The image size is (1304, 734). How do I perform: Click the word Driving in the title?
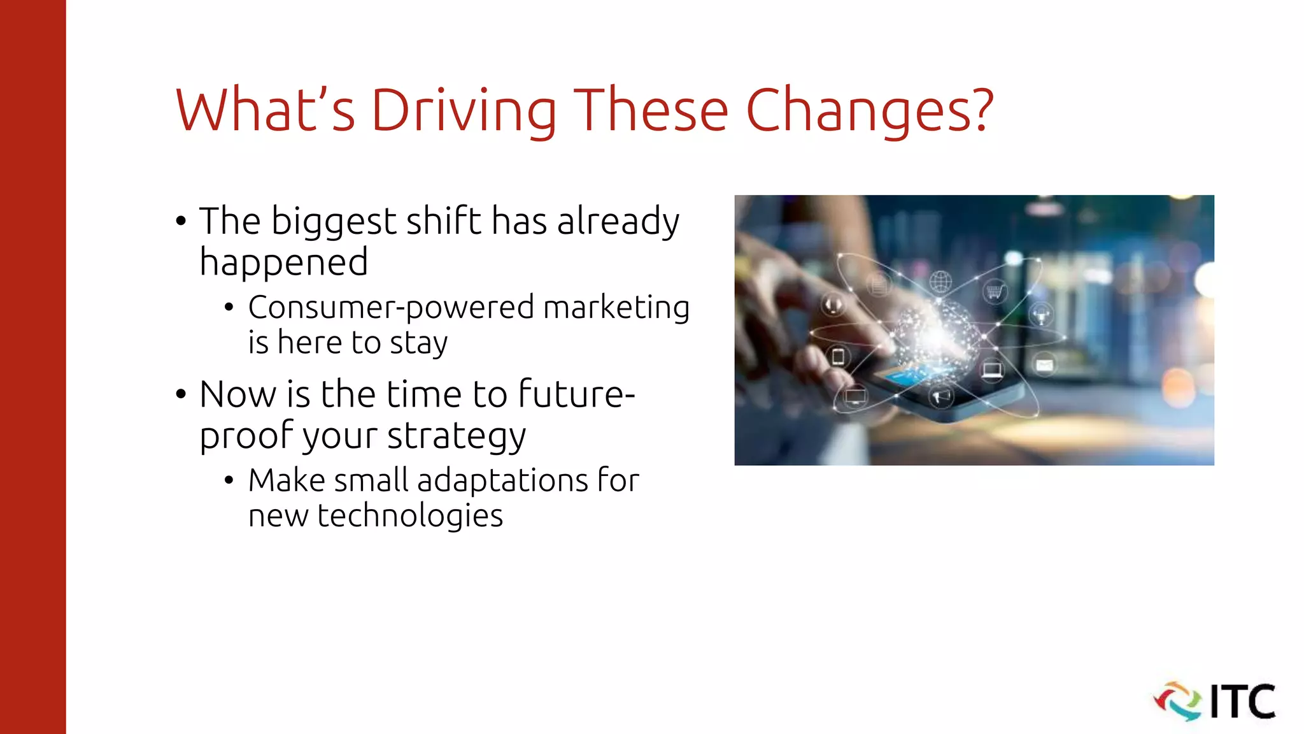point(464,111)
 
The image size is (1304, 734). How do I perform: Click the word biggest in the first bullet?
point(334,222)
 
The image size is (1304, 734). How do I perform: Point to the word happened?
point(283,262)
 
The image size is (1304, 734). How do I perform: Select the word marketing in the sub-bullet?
point(616,308)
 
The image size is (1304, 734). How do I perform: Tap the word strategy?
point(457,436)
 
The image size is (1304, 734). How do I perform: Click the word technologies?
point(410,515)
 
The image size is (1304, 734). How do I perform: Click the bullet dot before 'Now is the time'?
point(181,394)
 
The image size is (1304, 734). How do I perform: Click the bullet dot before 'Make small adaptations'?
point(229,480)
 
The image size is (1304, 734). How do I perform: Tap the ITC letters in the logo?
point(1242,702)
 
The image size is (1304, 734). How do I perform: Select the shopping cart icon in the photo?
point(994,292)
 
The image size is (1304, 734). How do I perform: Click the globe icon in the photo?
point(940,280)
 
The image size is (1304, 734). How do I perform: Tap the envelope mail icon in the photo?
point(1044,365)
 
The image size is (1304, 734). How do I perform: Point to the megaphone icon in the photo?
point(940,397)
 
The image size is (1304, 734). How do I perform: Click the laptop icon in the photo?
point(991,370)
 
